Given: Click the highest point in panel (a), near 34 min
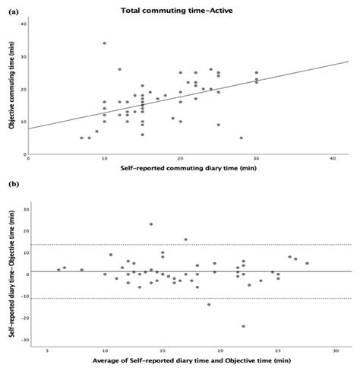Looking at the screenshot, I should pyautogui.click(x=104, y=43).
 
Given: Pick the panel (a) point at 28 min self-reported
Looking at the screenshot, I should pyautogui.click(x=241, y=138).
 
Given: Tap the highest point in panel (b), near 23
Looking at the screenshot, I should pyautogui.click(x=151, y=224).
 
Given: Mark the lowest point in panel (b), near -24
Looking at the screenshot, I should pyautogui.click(x=243, y=326).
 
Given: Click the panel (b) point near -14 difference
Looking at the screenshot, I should pyautogui.click(x=209, y=305).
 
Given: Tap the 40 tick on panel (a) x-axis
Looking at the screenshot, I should pyautogui.click(x=332, y=159).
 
